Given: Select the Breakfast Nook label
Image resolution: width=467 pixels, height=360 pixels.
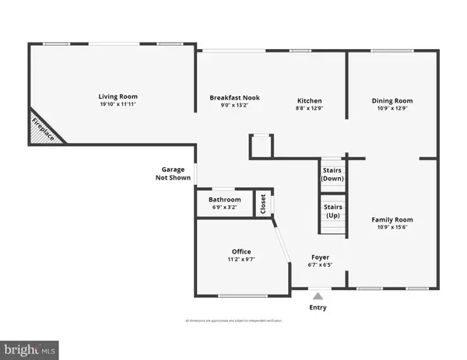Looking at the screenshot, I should coord(234,98).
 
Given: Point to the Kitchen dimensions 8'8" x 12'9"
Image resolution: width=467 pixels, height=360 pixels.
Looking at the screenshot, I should coord(309,109).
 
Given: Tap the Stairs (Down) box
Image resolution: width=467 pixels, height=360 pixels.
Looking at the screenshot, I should coord(332,174).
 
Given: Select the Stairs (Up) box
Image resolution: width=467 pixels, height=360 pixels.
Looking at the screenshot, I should coord(332,211).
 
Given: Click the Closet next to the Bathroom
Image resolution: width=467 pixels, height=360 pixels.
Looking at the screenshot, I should coord(263,204).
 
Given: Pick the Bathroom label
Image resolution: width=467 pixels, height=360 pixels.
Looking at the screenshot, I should coord(225,200).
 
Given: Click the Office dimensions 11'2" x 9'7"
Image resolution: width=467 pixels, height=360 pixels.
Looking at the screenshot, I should coord(241,259).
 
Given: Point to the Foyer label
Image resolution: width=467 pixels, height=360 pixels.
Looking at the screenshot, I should coord(320,256).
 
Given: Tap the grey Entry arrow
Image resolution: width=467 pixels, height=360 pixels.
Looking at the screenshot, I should coord(317,295).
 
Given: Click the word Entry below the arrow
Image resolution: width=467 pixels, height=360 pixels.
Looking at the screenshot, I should coord(318,307).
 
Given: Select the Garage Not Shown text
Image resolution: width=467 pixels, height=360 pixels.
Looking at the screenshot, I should coord(172,173).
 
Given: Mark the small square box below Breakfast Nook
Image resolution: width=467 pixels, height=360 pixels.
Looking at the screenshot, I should coord(261,146).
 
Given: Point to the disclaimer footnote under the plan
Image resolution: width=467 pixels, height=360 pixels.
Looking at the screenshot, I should coord(233,320).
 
